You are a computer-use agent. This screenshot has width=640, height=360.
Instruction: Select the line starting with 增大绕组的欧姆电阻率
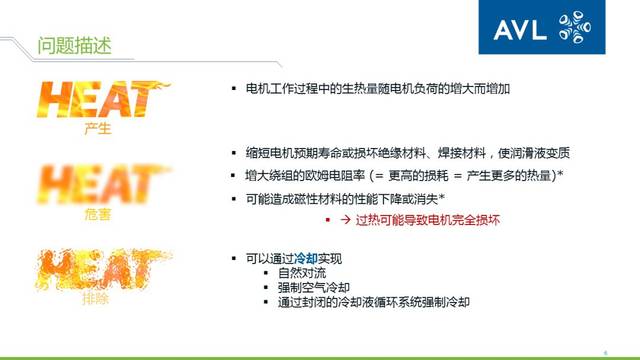click(406, 176)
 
